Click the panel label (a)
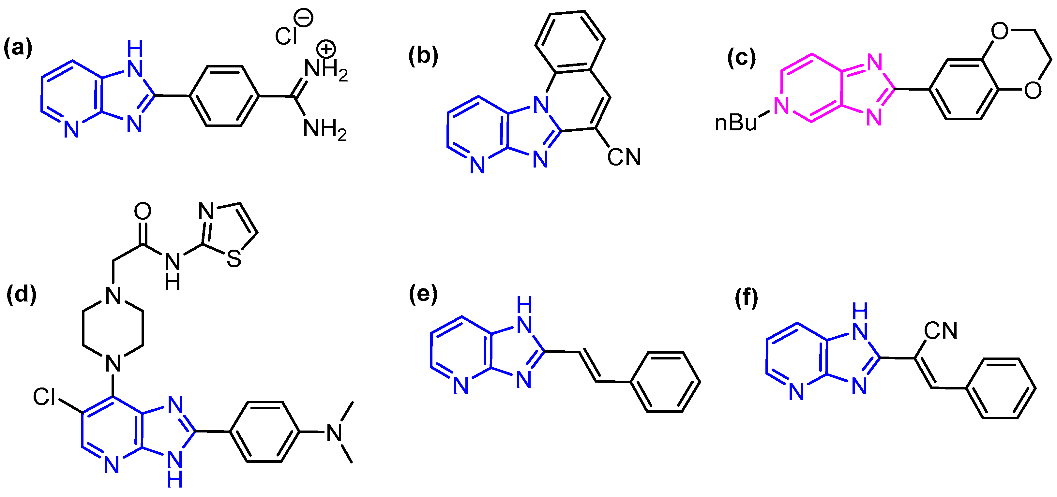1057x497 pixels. click(x=18, y=48)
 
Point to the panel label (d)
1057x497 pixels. click(x=21, y=294)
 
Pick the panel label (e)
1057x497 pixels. click(x=423, y=294)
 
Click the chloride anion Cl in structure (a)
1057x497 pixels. click(x=286, y=36)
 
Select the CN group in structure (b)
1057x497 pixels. click(x=624, y=157)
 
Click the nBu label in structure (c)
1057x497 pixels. click(x=736, y=123)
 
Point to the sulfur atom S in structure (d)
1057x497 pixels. click(x=234, y=259)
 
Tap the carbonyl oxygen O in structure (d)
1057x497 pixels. click(x=143, y=212)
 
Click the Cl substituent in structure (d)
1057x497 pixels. click(x=44, y=397)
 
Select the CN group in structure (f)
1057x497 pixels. click(x=941, y=330)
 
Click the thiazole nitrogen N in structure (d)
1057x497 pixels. click(x=206, y=212)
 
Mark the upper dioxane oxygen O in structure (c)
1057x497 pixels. click(x=1000, y=30)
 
